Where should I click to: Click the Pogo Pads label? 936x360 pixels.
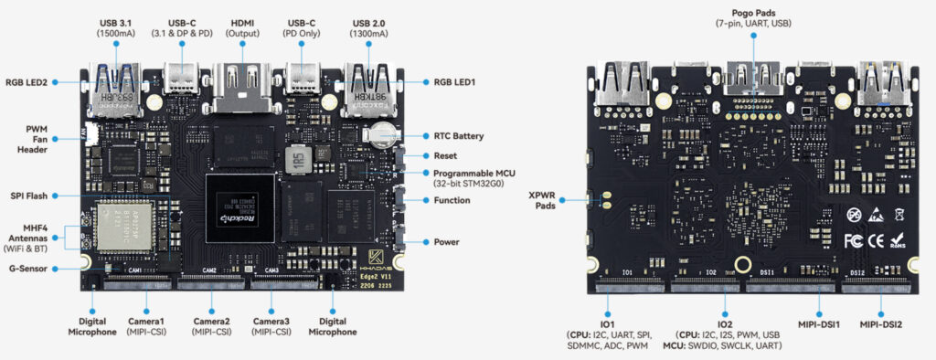[753, 16]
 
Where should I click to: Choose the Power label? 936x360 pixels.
[447, 242]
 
